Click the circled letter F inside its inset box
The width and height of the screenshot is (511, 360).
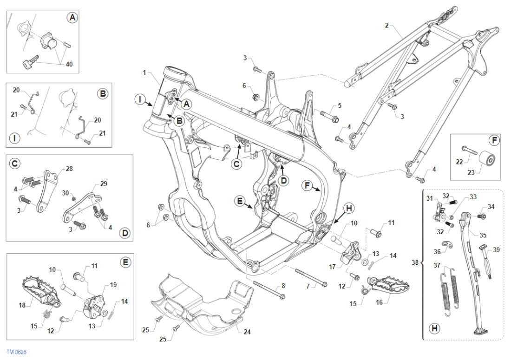click(493, 140)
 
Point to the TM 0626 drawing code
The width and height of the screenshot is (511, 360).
click(17, 352)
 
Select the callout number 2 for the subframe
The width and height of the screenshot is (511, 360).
click(387, 25)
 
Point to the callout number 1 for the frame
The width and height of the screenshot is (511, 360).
click(144, 73)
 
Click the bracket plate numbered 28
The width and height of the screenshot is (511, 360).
click(48, 190)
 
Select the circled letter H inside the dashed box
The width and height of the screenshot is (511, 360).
click(434, 328)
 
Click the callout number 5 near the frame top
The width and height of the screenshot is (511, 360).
click(340, 105)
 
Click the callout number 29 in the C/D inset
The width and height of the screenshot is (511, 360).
click(104, 184)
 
